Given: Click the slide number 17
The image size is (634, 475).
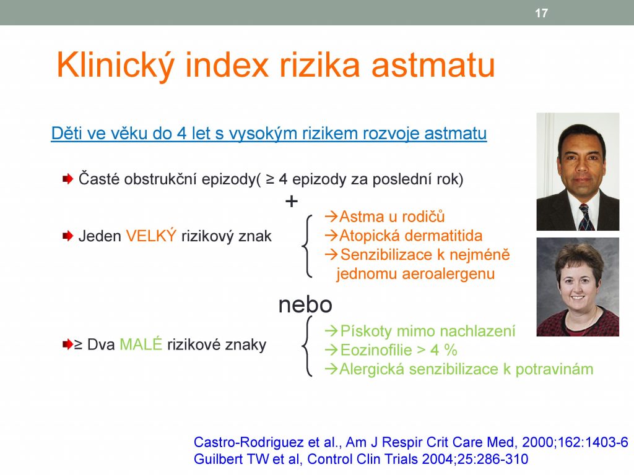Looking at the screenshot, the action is tap(541, 13).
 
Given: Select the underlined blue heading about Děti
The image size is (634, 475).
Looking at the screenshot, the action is tap(269, 134).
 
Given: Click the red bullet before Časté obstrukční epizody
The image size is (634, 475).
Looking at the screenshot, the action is tap(67, 179).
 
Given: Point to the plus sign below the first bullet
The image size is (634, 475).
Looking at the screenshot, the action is tap(291, 201).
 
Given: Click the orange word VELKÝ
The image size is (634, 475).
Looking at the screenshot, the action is tap(151, 236).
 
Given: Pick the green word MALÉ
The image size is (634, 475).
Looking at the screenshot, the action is tap(141, 344).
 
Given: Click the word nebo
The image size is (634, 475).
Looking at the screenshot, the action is tap(305, 304).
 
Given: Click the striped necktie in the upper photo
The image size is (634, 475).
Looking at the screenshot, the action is tap(586, 217).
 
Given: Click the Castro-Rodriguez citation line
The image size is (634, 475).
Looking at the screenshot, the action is tap(411, 442).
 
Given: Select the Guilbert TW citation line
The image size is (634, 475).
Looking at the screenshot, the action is tap(361, 460).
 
